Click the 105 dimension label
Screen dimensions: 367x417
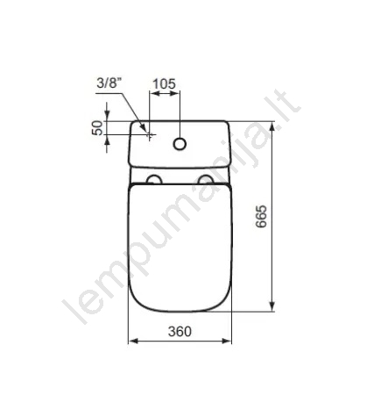click(165, 83)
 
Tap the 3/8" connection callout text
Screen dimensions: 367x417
click(109, 83)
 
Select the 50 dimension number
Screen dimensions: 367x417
click(98, 128)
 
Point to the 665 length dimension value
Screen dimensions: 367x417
click(261, 217)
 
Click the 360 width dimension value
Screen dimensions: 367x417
click(180, 331)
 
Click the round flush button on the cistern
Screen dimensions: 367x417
click(180, 144)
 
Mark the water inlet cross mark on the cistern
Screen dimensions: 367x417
click(150, 135)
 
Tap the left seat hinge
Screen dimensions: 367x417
click(154, 179)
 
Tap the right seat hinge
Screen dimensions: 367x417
click(206, 179)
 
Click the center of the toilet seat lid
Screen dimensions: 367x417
click(180, 248)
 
